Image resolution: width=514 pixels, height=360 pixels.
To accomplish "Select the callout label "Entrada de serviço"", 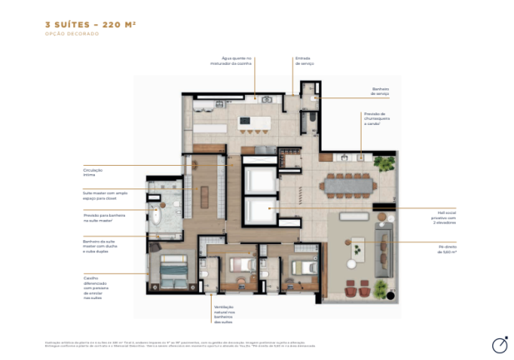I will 302,61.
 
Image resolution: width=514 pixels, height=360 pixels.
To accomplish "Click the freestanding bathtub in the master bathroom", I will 155,220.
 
